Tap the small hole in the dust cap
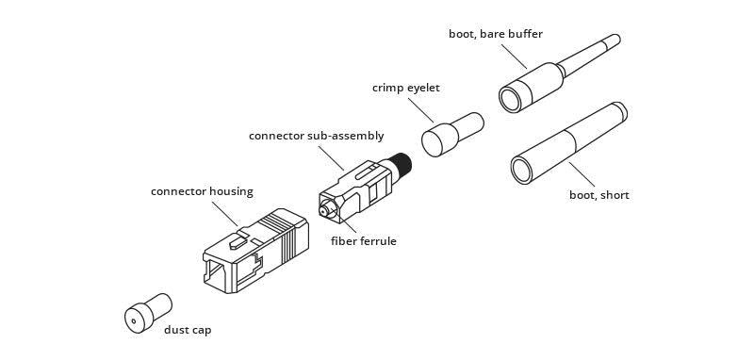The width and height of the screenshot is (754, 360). tap(136, 322)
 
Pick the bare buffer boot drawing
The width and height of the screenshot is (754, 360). tap(547, 81)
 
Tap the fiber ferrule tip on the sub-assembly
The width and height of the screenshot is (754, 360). tap(323, 213)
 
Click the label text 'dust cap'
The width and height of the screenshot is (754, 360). tap(188, 330)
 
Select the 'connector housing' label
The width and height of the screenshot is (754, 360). tap(202, 191)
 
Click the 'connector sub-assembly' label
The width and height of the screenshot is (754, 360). tap(316, 136)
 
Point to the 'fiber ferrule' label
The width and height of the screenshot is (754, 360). tap(363, 241)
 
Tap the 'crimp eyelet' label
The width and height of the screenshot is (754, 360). tap(405, 88)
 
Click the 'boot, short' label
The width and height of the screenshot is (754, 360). tap(598, 195)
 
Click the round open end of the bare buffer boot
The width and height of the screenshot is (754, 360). tap(512, 97)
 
